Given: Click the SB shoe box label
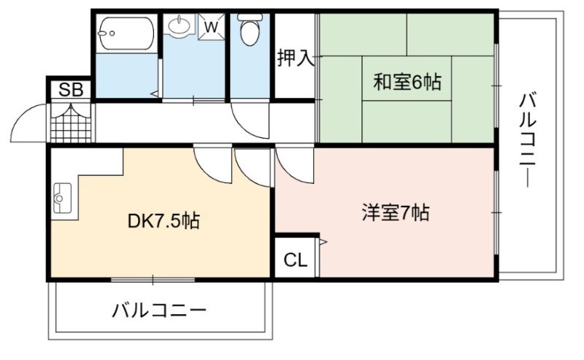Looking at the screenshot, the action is [x=71, y=90].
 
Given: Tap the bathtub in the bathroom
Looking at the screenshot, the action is [x=126, y=34].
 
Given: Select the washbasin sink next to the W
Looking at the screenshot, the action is [x=180, y=25].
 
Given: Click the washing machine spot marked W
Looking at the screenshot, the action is [x=211, y=27].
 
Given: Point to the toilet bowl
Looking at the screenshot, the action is [x=250, y=30].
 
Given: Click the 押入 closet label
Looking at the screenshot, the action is [x=296, y=58].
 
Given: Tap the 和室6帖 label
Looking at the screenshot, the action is [x=407, y=82].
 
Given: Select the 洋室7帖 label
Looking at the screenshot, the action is [x=396, y=213].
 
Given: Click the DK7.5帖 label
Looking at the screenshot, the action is [x=164, y=221].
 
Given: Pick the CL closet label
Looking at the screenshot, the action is [x=296, y=260].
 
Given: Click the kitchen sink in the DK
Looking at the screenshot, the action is [x=62, y=198].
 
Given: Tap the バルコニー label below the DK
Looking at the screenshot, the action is [x=159, y=310].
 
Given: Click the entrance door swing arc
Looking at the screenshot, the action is [x=22, y=115].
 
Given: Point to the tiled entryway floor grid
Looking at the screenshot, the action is [x=71, y=123].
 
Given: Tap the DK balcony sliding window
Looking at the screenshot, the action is [x=153, y=279].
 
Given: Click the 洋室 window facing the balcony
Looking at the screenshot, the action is [x=496, y=212].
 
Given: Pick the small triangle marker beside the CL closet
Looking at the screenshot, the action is [x=323, y=242].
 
